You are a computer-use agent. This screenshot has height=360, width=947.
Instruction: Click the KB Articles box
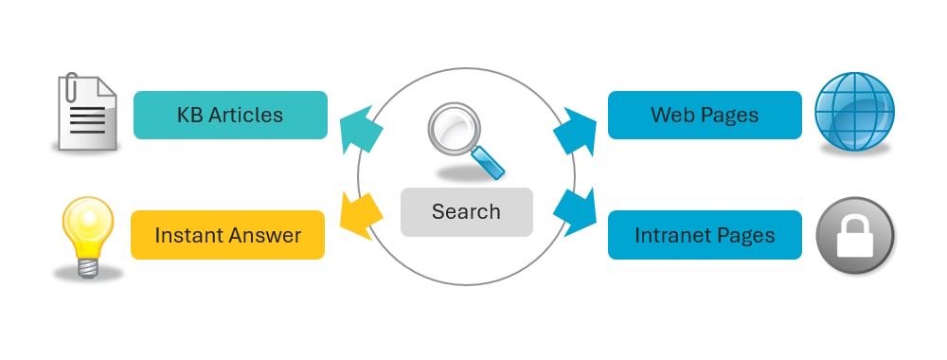pyautogui.click(x=230, y=116)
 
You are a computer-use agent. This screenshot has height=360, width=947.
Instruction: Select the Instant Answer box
pyautogui.click(x=227, y=235)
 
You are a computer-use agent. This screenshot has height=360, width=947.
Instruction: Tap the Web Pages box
pyautogui.click(x=705, y=116)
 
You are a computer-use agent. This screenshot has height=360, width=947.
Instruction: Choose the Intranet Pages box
pyautogui.click(x=705, y=235)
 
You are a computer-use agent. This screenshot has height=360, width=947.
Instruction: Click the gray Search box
pyautogui.click(x=466, y=212)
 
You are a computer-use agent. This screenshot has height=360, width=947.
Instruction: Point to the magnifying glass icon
pyautogui.click(x=463, y=140)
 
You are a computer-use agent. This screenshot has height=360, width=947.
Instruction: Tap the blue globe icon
pyautogui.click(x=854, y=114)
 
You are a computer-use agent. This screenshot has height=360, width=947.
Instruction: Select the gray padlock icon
pyautogui.click(x=854, y=234)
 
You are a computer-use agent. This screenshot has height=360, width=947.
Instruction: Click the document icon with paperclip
pyautogui.click(x=86, y=114)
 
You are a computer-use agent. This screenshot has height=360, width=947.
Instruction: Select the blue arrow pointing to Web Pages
pyautogui.click(x=575, y=131)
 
